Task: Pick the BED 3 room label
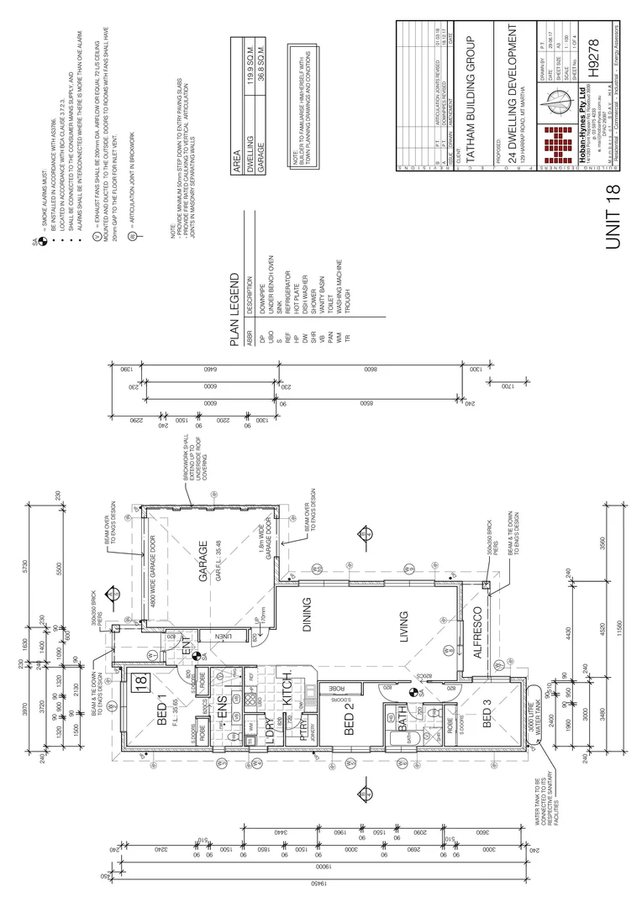coord(485,712)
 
